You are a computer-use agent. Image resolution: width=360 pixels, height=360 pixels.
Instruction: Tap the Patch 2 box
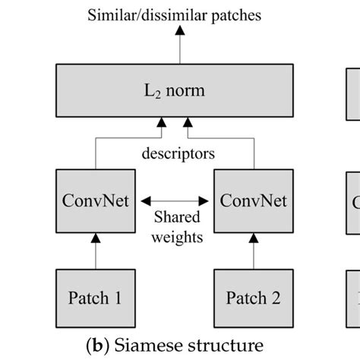[x=254, y=298]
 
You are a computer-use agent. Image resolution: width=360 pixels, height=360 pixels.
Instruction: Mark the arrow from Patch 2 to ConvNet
[x=254, y=251]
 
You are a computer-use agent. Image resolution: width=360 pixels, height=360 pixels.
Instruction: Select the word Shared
[x=178, y=217]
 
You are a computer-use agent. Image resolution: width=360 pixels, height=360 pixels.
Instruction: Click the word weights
[x=178, y=237]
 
